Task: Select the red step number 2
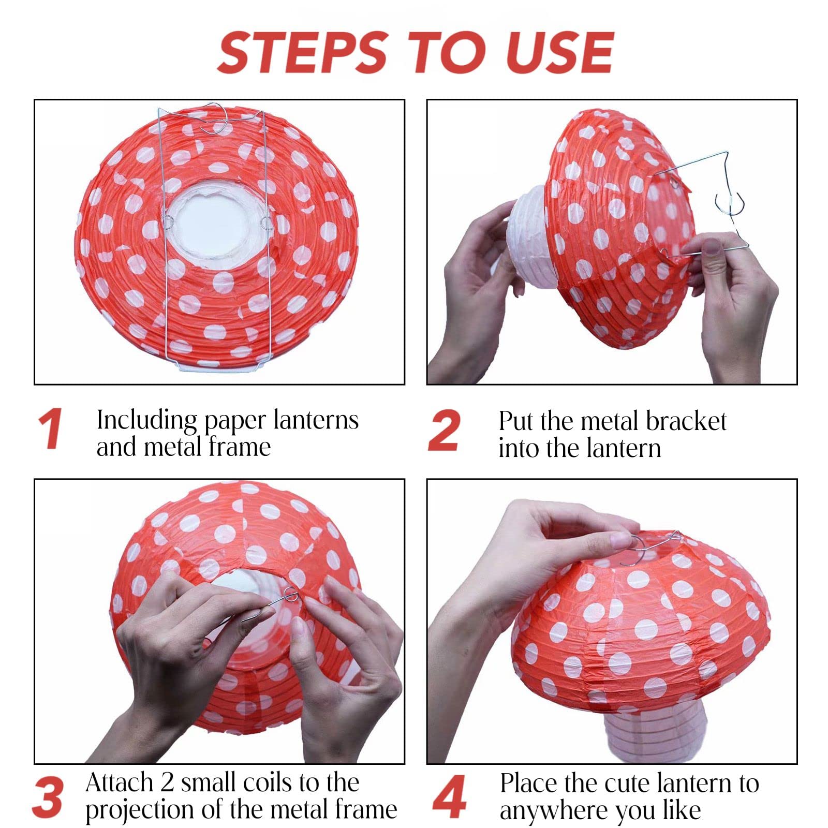[444, 431]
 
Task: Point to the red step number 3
[48, 797]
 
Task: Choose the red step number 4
[448, 797]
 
